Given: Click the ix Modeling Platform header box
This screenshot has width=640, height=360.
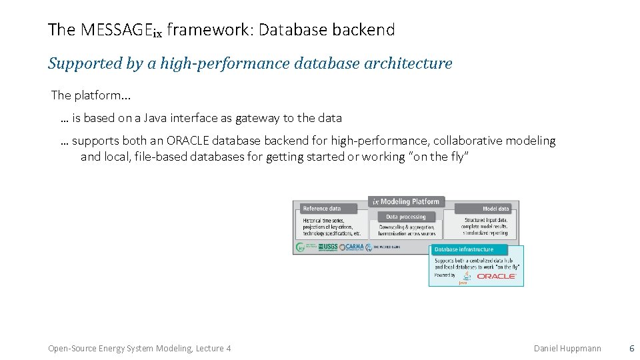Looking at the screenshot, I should [406, 201].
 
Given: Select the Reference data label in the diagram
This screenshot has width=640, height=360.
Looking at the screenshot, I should [322, 209].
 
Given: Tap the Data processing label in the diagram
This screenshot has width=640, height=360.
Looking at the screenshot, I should [406, 217].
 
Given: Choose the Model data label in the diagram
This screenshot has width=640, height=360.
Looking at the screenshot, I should [495, 209].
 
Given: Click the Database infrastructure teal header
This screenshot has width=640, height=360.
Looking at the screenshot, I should [464, 249].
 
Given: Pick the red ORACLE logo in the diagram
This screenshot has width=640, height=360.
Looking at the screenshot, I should [497, 275].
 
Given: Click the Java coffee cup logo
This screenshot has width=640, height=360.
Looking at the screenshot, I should [466, 276].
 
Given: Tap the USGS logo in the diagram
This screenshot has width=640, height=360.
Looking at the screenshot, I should [328, 247].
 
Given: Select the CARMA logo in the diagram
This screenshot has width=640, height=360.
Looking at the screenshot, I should [351, 247].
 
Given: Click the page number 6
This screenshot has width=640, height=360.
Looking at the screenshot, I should [631, 349].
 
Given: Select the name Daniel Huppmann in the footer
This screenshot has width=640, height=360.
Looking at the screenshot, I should [567, 349].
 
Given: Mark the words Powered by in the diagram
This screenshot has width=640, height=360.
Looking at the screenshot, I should [445, 275].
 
